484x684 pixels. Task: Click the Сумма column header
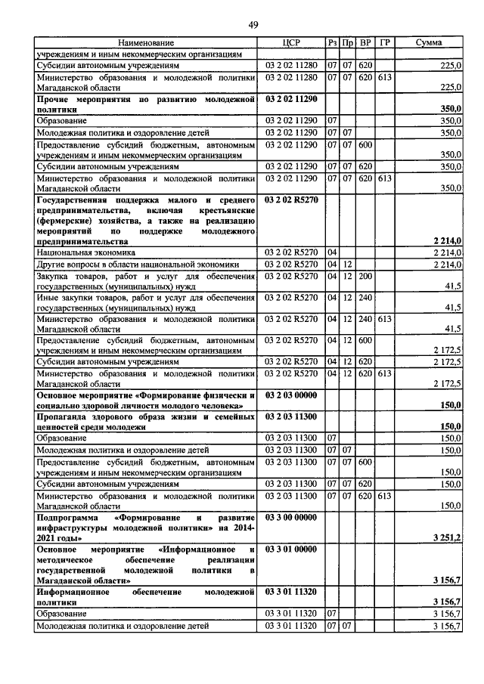[430, 43]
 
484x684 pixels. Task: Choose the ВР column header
[366, 43]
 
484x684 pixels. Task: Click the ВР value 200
[366, 277]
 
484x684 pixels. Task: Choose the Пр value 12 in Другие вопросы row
[347, 265]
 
